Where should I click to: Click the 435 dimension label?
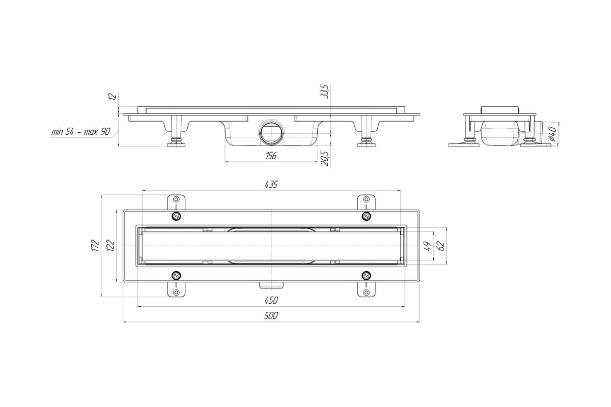click(271, 185)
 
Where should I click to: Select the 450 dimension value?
click(271, 300)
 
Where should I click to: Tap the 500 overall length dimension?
click(271, 315)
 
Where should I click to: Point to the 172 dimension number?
click(95, 245)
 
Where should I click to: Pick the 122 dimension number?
click(110, 245)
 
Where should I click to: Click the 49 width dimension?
click(428, 246)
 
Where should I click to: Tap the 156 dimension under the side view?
click(271, 156)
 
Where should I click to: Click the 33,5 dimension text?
click(325, 91)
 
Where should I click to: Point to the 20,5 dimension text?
click(325, 158)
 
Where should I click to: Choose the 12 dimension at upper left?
click(113, 97)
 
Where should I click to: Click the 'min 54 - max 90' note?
click(81, 132)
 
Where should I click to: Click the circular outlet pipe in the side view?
click(271, 133)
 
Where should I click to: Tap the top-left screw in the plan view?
click(176, 216)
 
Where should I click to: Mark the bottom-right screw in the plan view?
click(366, 276)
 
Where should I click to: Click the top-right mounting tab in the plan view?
click(366, 202)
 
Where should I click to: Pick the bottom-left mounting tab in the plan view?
click(176, 289)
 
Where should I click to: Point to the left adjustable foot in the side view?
click(176, 131)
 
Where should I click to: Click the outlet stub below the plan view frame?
click(271, 285)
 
